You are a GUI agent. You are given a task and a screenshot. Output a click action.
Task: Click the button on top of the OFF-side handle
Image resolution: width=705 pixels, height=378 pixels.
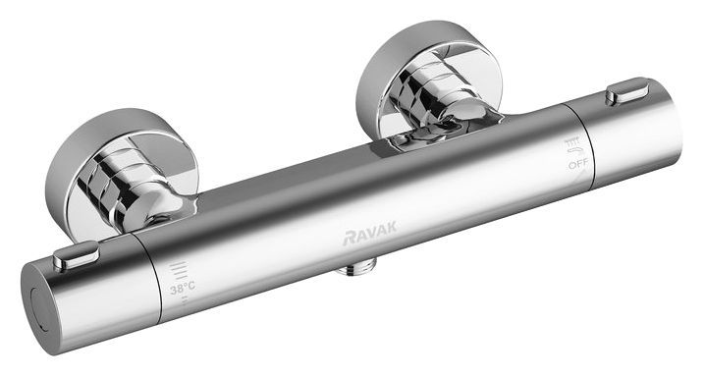click(626, 93)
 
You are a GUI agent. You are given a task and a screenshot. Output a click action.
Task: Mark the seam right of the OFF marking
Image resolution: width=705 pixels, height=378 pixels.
click(592, 147)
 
